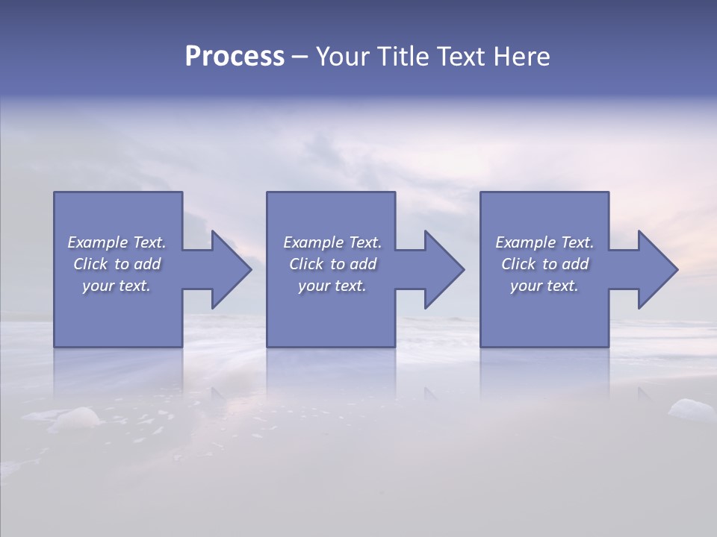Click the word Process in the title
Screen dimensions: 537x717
tap(235, 57)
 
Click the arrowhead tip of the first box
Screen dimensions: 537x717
tap(250, 269)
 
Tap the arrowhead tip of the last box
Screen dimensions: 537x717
tap(677, 269)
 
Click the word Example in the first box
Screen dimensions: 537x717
tap(98, 242)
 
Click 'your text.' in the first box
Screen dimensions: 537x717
tap(117, 286)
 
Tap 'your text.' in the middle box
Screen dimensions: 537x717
tap(332, 286)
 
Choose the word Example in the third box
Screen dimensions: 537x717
tap(526, 242)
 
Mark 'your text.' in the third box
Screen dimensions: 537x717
tap(544, 286)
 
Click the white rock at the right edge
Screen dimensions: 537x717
tap(692, 409)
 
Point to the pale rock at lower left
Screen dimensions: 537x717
tap(78, 418)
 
